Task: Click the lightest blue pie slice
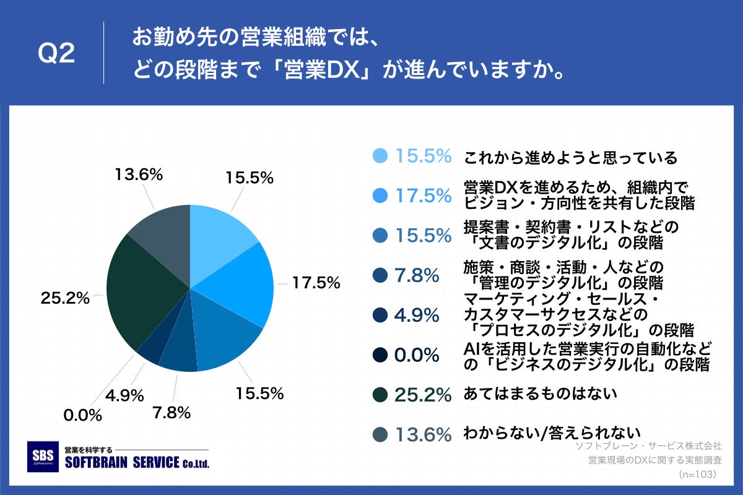[217, 232]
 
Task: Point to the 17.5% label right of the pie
[316, 283]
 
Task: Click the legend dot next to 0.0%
[381, 355]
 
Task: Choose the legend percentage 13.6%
[423, 435]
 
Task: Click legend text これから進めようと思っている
[570, 157]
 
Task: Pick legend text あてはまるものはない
[541, 393]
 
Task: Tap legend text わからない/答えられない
[552, 433]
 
